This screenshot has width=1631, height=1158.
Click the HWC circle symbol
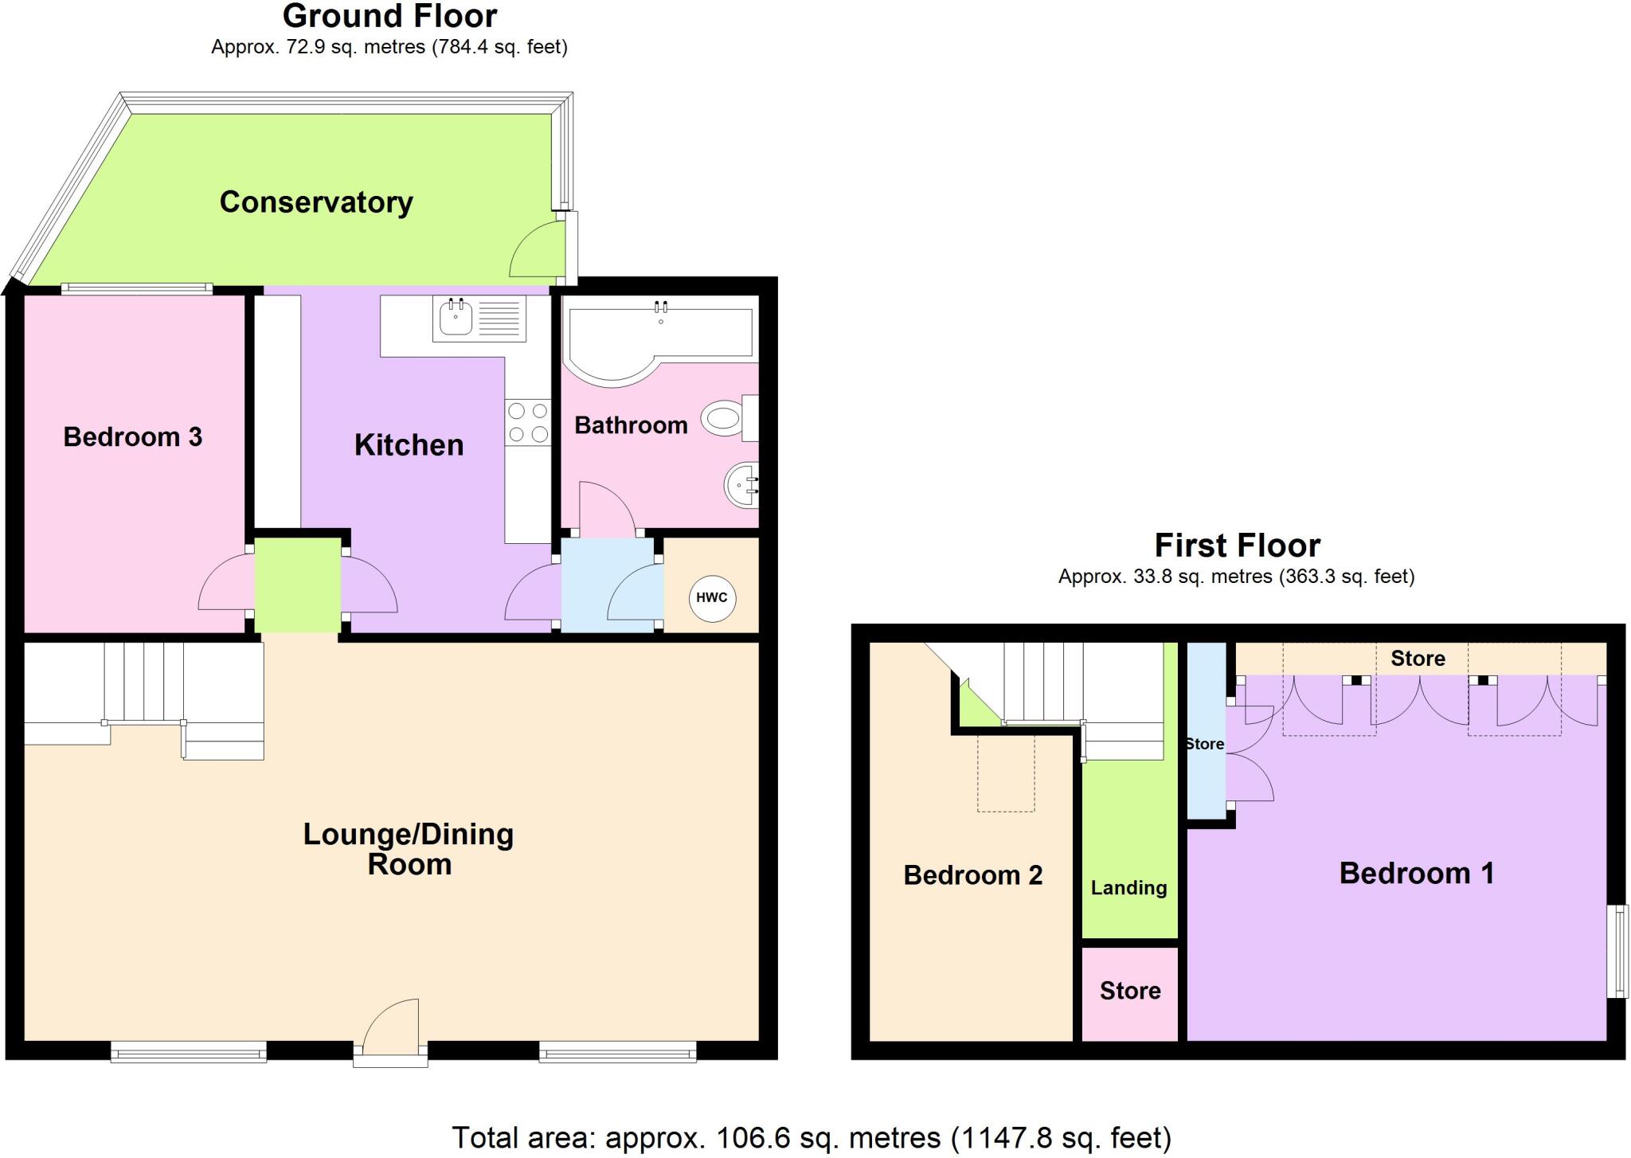[712, 598]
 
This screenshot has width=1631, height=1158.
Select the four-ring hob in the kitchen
[528, 422]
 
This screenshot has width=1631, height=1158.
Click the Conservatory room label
[316, 202]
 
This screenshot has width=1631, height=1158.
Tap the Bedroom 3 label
[133, 436]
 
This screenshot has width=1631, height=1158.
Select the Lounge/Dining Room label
[409, 849]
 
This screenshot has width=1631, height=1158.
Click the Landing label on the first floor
[1128, 887]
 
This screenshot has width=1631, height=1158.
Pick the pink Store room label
[1129, 991]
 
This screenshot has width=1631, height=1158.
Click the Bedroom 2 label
[972, 875]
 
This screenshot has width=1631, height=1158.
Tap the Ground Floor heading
[389, 16]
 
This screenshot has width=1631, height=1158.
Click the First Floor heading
[1237, 546]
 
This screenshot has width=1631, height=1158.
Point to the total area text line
[811, 1137]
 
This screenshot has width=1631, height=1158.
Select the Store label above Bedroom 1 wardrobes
[1418, 659]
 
